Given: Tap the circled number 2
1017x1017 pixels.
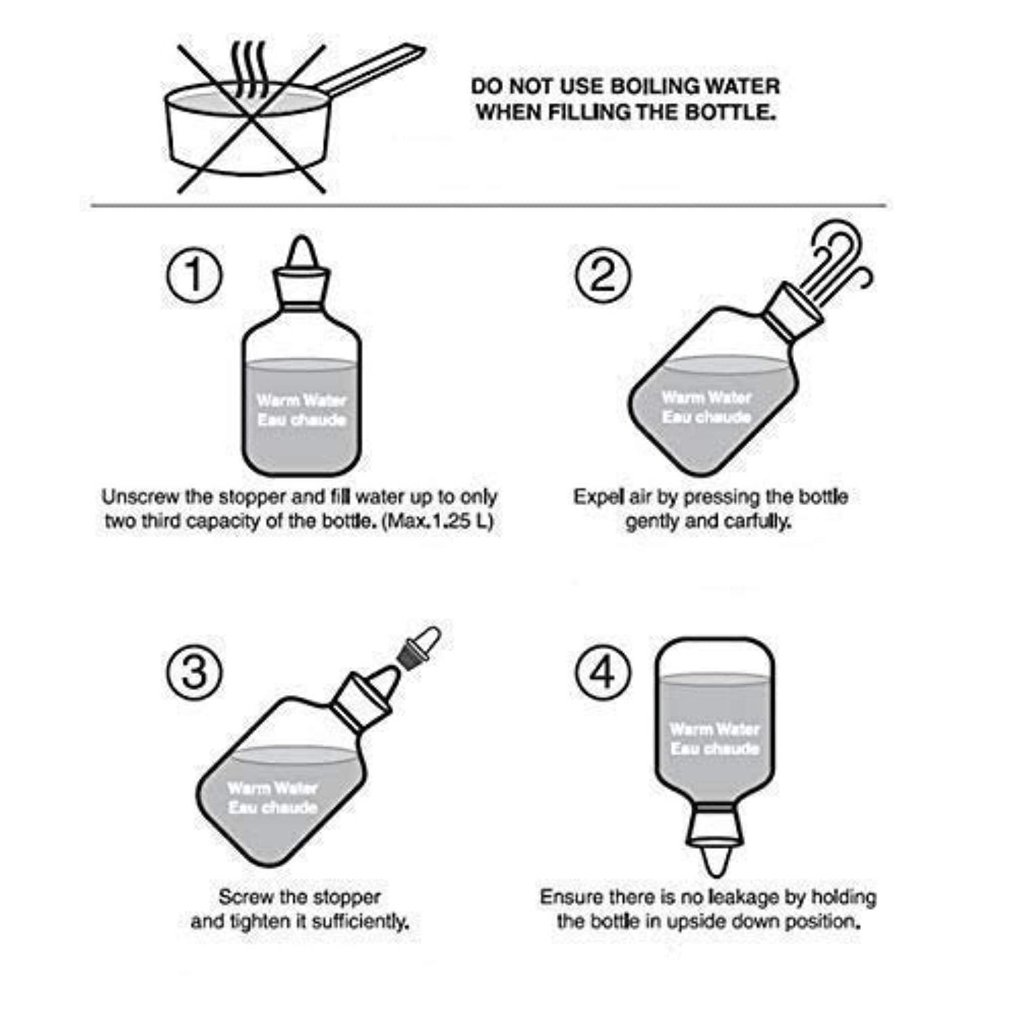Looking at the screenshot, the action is click(603, 277).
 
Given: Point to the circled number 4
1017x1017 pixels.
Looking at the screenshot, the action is click(603, 673).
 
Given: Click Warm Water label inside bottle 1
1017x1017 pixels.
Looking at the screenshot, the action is click(302, 400).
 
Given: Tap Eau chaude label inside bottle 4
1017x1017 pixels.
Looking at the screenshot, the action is click(714, 749).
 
